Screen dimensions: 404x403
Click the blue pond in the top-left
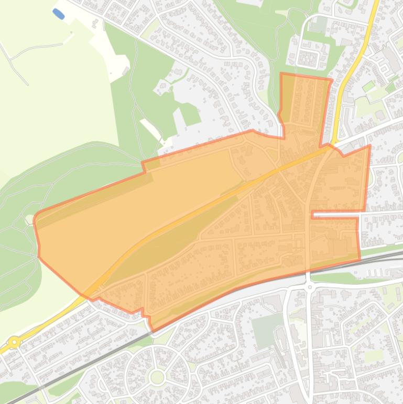click(59, 14)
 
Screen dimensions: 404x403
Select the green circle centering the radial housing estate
click(157, 377)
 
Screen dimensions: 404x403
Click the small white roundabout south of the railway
click(310, 286)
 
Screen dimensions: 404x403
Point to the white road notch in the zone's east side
click(335, 214)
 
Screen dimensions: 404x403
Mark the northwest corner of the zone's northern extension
click(281, 74)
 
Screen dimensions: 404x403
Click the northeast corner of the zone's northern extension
click(332, 80)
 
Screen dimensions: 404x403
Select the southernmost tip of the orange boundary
click(153, 330)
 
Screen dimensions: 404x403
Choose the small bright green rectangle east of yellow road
click(369, 86)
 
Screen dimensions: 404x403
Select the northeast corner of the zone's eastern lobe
click(370, 146)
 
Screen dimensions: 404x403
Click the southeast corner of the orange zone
click(360, 259)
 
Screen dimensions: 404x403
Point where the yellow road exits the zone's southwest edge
click(92, 298)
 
